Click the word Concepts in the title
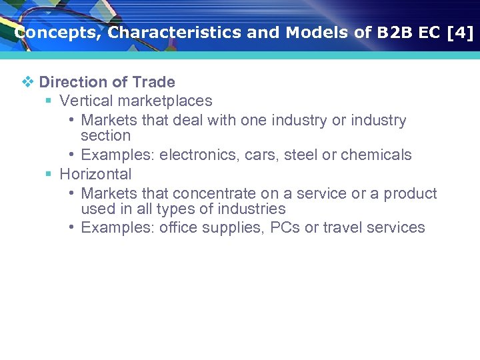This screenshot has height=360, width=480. tap(55, 33)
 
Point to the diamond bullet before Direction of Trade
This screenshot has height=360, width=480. tap(27, 82)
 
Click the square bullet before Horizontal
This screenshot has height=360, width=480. tap(48, 175)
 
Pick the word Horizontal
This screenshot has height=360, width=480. tap(95, 175)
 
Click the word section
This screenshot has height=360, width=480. tap(105, 136)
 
